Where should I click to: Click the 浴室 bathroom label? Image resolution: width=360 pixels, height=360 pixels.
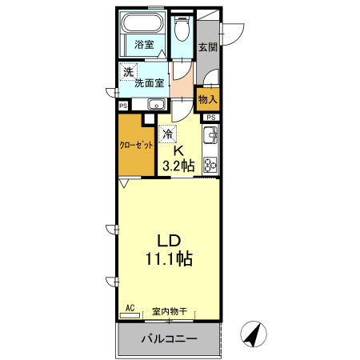tap(144, 45)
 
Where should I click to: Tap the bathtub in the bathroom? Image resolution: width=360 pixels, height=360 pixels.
tap(144, 23)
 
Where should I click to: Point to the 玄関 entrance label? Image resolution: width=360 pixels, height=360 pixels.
tap(207, 46)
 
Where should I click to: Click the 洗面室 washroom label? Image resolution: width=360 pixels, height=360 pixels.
tap(150, 82)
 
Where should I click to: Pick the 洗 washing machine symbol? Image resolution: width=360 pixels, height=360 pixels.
tap(128, 73)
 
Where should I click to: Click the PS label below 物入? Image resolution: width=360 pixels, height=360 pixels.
tap(210, 118)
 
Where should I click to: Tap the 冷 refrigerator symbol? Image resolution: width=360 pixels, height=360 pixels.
tap(168, 134)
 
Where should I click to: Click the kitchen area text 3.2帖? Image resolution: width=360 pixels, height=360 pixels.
tap(178, 166)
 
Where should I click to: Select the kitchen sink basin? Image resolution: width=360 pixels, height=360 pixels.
tap(210, 134)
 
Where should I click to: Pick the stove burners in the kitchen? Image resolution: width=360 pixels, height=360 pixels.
tap(210, 165)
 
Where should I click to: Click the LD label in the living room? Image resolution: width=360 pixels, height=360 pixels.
tap(167, 240)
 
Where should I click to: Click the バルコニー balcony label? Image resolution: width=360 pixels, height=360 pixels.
tap(168, 339)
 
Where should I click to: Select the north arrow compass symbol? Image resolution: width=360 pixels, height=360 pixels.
tap(254, 334)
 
